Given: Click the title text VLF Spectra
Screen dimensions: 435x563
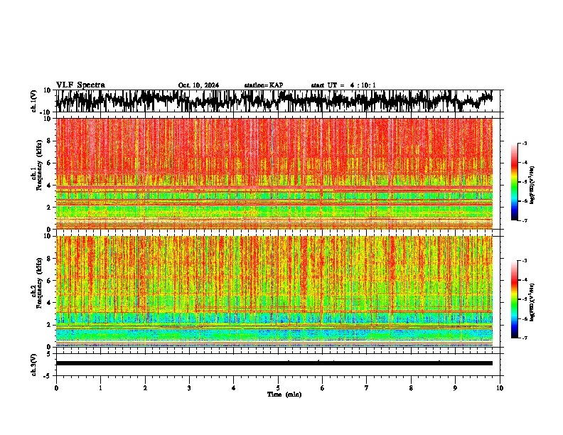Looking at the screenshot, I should point(80,85).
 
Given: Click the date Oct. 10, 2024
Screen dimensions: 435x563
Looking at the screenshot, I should point(198,85).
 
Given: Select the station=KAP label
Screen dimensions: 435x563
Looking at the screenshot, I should point(264,85).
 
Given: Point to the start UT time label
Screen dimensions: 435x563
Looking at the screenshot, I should point(343,85).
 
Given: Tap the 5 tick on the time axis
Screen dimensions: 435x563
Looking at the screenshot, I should point(278,388).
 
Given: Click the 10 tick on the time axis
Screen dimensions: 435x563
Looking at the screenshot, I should point(500,388).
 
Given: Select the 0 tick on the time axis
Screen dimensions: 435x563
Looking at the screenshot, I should point(56,388).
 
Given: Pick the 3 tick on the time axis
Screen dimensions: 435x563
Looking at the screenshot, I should point(189,388).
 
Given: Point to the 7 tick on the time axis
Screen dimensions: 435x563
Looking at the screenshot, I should point(367,388).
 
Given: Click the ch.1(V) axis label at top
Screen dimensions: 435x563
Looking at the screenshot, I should point(34,101).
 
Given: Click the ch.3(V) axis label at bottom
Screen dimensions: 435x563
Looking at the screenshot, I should point(34,362).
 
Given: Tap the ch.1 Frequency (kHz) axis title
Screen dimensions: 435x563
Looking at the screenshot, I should point(36,174).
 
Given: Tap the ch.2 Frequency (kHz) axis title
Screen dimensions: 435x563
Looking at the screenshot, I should point(36,291).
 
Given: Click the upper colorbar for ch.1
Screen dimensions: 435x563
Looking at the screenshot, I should point(521,182).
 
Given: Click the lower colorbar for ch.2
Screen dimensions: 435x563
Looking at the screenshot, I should point(521,299).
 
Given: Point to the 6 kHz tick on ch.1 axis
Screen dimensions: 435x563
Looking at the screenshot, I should point(50,163).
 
